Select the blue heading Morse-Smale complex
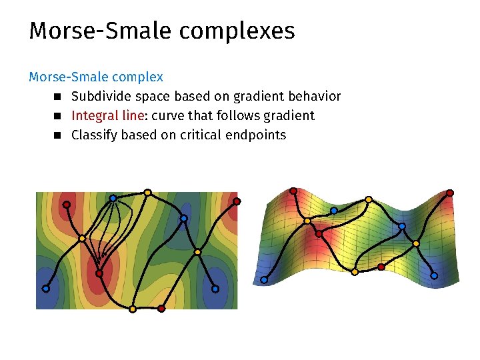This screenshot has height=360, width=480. [96, 77]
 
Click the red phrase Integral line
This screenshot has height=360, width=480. [107, 115]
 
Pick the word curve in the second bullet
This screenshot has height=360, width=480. [167, 115]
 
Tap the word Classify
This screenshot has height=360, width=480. [95, 135]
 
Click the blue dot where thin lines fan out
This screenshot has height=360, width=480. [113, 198]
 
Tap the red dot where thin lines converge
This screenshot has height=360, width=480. [99, 273]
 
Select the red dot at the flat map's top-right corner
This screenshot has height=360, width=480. [236, 201]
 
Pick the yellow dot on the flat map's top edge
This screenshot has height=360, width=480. [147, 193]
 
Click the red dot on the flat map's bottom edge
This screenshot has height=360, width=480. [161, 309]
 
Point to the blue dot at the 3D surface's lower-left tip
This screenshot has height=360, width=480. [264, 280]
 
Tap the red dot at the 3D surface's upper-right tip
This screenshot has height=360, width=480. [450, 193]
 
